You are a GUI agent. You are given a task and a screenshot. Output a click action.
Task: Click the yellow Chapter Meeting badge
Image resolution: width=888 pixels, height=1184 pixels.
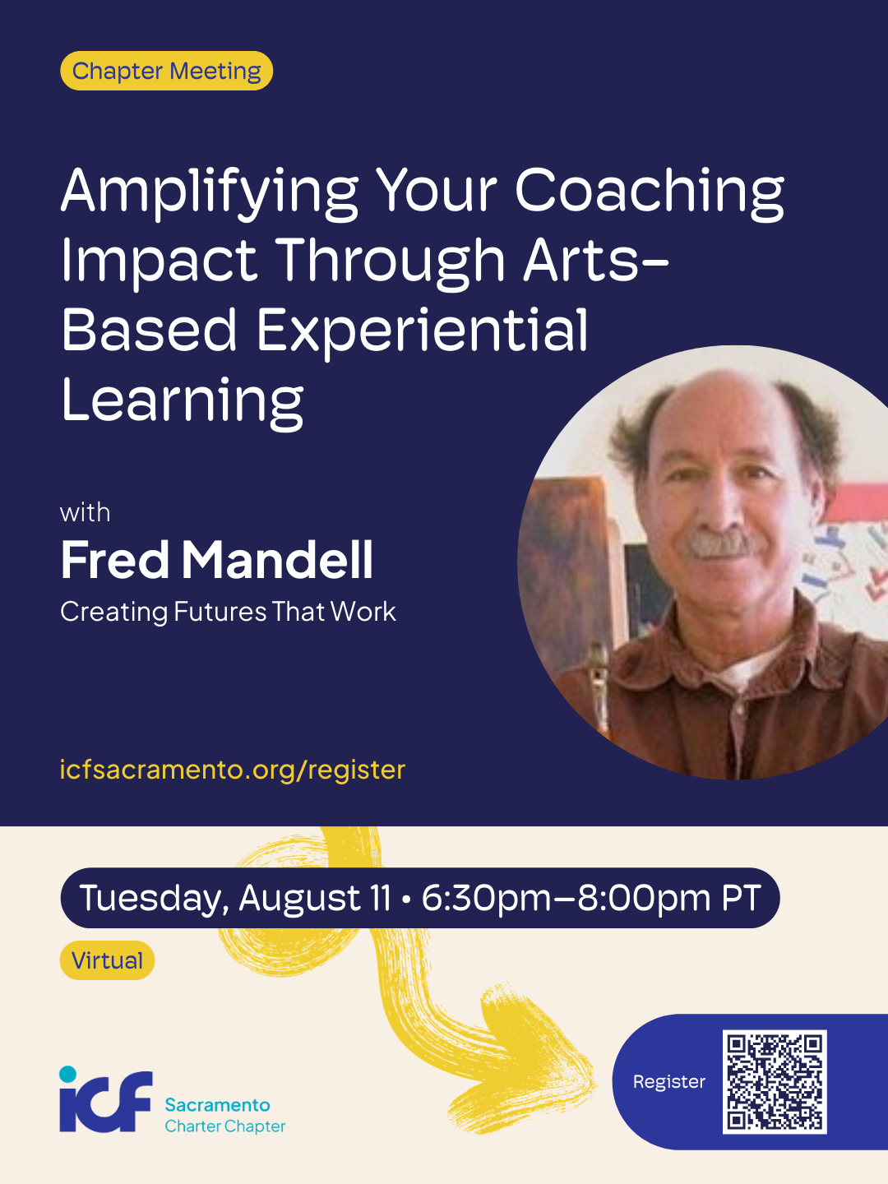pyautogui.click(x=166, y=71)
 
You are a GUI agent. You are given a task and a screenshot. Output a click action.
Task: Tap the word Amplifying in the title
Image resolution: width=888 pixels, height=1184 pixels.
pyautogui.click(x=209, y=193)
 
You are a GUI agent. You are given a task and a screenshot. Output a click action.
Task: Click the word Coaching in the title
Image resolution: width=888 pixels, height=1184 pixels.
pyautogui.click(x=650, y=193)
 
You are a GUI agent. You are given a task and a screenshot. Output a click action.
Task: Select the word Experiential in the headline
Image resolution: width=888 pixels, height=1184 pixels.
pyautogui.click(x=422, y=330)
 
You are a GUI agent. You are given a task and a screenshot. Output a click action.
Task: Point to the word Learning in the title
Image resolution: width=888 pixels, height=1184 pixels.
pyautogui.click(x=183, y=402)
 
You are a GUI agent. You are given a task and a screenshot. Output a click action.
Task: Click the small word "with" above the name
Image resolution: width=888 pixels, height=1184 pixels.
pyautogui.click(x=86, y=512)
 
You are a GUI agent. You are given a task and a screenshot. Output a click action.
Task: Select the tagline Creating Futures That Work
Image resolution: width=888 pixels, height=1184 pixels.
pyautogui.click(x=228, y=612)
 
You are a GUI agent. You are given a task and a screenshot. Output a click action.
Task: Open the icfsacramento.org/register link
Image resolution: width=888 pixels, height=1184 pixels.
pyautogui.click(x=233, y=770)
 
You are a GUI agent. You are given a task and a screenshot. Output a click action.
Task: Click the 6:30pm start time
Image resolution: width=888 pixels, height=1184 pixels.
pyautogui.click(x=485, y=898)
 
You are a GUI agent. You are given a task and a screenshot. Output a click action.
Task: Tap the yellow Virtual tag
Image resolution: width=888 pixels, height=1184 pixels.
pyautogui.click(x=107, y=960)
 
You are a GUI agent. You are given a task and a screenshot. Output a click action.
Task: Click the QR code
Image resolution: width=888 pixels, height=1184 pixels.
pyautogui.click(x=775, y=1082)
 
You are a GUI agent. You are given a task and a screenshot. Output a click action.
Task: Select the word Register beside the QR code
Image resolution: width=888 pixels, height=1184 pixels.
pyautogui.click(x=669, y=1082)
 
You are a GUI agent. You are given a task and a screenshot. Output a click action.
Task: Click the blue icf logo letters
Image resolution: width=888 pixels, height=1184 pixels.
pyautogui.click(x=106, y=1102)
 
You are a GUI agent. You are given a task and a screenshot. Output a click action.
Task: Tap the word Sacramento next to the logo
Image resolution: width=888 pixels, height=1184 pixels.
pyautogui.click(x=217, y=1105)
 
